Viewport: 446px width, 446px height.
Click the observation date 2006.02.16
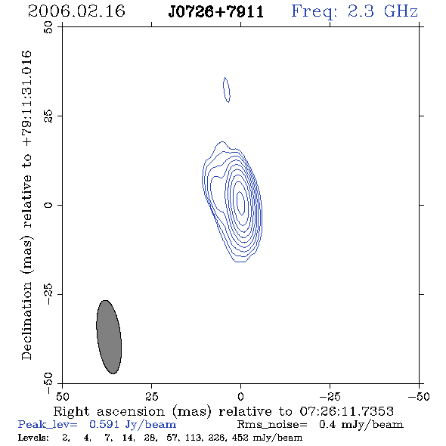[x=76, y=11]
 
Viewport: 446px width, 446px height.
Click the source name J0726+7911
[x=216, y=12]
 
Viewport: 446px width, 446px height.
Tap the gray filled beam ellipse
[x=109, y=337]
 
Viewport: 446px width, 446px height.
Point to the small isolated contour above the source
[x=227, y=90]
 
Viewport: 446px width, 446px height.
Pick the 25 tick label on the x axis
[x=151, y=396]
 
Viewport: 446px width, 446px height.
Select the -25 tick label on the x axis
[x=330, y=396]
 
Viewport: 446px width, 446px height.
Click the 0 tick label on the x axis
[x=240, y=396]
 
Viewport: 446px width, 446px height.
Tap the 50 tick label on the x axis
[x=62, y=396]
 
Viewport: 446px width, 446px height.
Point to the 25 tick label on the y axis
[x=48, y=116]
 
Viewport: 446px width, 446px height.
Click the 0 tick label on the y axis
[x=48, y=205]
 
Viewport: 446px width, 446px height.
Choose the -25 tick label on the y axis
[x=48, y=294]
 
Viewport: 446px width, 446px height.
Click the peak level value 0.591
[x=104, y=424]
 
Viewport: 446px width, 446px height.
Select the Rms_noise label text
[x=272, y=425]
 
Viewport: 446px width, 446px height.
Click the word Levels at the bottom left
[x=33, y=437]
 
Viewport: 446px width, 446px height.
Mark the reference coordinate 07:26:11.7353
[x=346, y=411]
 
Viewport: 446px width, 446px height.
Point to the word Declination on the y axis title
[x=26, y=321]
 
